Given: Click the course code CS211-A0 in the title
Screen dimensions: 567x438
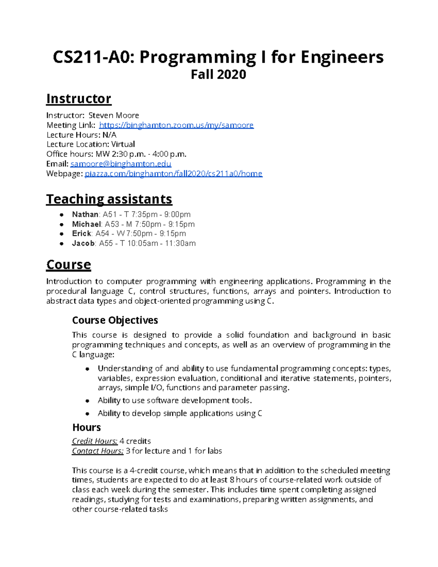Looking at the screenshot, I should pyautogui.click(x=93, y=57).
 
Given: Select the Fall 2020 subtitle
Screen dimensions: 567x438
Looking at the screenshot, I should pyautogui.click(x=218, y=74).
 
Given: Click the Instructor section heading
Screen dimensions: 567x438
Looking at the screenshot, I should pyautogui.click(x=78, y=99).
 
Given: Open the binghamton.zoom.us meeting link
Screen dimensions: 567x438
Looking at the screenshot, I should pyautogui.click(x=176, y=125).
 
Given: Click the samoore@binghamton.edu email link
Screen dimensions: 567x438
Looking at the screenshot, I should pyautogui.click(x=121, y=164).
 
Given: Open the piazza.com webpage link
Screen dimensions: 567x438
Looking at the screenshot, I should pyautogui.click(x=173, y=173).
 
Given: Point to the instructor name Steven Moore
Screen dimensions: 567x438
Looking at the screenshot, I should pyautogui.click(x=114, y=115).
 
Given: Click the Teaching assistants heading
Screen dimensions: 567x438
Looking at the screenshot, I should pyautogui.click(x=109, y=199).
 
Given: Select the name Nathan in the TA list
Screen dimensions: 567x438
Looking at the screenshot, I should pyautogui.click(x=85, y=214).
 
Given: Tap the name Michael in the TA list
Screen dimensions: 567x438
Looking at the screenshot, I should pyautogui.click(x=87, y=224).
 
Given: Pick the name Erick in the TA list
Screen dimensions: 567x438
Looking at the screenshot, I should pyautogui.click(x=81, y=234).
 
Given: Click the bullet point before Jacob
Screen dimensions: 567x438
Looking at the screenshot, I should pyautogui.click(x=62, y=244).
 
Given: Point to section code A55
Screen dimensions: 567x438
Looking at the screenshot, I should pyautogui.click(x=106, y=244).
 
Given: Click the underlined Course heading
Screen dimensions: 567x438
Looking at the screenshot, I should pyautogui.click(x=68, y=265).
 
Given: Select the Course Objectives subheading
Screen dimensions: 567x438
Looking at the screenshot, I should pyautogui.click(x=115, y=320).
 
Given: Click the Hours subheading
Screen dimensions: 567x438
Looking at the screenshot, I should pyautogui.click(x=87, y=428).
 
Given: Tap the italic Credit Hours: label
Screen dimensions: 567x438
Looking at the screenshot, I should pyautogui.click(x=95, y=441).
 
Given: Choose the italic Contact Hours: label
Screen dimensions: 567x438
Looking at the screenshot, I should pyautogui.click(x=97, y=451).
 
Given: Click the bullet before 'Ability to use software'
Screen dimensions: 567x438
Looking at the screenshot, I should pyautogui.click(x=87, y=401).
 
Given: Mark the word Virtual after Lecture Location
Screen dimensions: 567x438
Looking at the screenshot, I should pyautogui.click(x=123, y=144).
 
